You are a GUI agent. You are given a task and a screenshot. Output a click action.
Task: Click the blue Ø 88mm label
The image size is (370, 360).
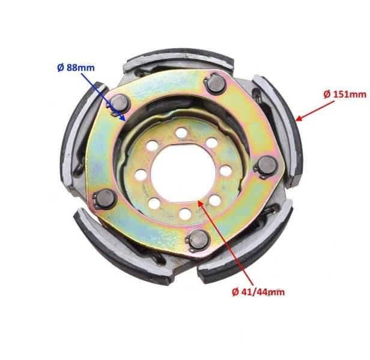[x=76, y=68]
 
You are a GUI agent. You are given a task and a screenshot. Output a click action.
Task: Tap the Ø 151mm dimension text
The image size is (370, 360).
[x=345, y=95]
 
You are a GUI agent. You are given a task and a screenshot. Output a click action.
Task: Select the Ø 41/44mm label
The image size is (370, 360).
[x=258, y=292]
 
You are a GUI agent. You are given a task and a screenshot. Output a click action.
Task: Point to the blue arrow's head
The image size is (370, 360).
[x=123, y=117]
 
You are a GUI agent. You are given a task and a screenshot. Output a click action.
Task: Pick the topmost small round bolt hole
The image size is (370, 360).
[x=181, y=133]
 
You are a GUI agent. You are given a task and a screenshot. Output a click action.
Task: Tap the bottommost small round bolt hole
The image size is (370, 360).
[x=185, y=214]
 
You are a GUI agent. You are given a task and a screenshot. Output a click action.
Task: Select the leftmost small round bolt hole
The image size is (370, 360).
[x=141, y=175]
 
